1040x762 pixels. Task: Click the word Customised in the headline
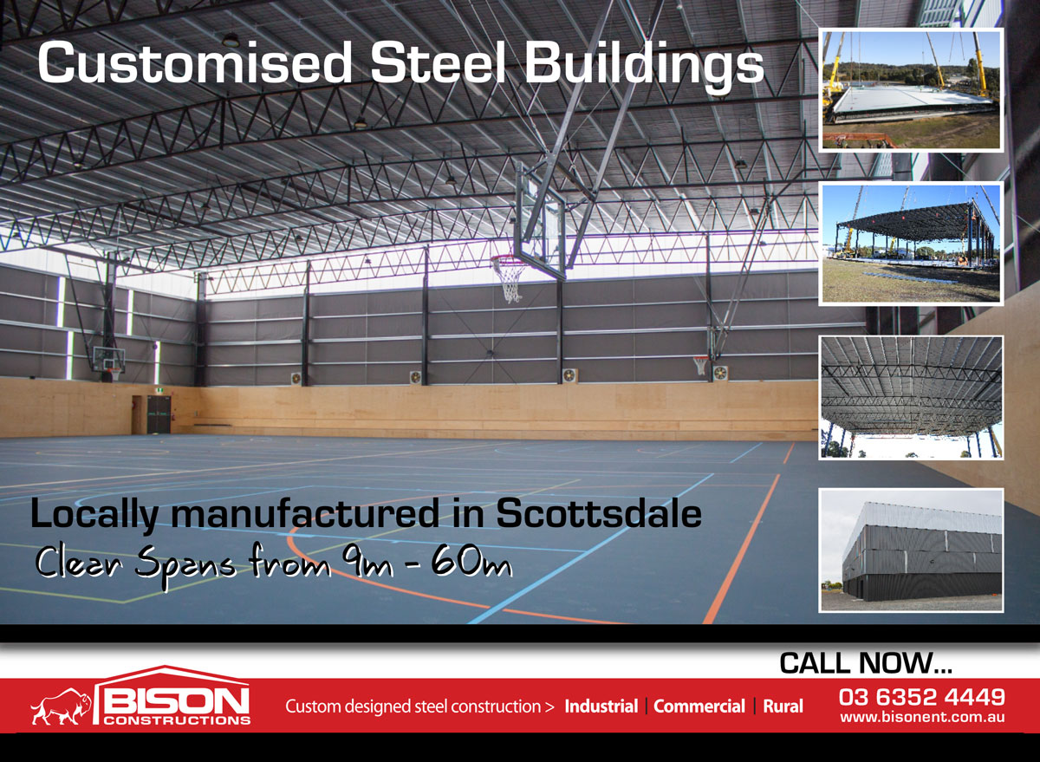(194, 62)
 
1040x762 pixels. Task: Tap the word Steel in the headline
(438, 62)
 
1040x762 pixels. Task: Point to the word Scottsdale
(599, 513)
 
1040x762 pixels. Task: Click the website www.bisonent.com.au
(922, 717)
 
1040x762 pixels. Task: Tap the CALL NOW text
(866, 663)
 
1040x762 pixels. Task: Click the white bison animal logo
(61, 707)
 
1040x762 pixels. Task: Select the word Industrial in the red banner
(601, 707)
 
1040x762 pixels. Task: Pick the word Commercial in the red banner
(699, 707)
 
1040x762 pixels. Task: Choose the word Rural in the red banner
(783, 707)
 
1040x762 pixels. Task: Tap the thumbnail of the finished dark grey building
(912, 550)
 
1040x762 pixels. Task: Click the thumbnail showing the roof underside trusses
(912, 398)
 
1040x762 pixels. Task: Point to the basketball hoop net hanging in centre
(510, 278)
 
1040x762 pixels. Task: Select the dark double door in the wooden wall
(159, 414)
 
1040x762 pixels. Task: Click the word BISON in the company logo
(175, 701)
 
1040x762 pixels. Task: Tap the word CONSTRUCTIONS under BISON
(177, 720)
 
